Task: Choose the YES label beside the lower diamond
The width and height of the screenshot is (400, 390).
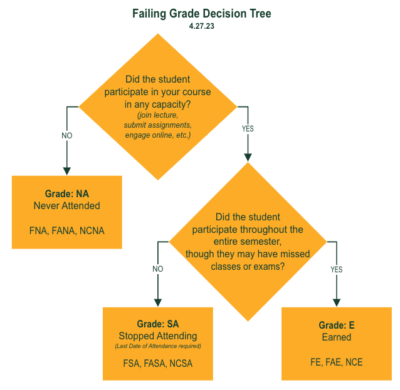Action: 337,269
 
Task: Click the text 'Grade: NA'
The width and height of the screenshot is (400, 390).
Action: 67,194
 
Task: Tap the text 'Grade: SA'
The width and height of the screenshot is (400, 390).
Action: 158,324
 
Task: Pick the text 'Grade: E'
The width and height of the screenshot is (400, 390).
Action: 336,326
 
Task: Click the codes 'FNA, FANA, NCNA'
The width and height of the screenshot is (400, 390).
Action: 67,230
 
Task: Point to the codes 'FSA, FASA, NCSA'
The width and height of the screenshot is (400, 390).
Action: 158,362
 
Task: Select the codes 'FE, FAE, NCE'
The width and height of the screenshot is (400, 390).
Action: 336,362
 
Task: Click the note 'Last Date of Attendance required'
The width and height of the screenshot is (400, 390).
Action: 158,346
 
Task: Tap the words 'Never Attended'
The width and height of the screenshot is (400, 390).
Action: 67,205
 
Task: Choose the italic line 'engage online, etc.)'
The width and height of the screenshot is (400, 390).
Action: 157,135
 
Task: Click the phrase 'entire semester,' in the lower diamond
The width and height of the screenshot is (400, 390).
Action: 248,241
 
